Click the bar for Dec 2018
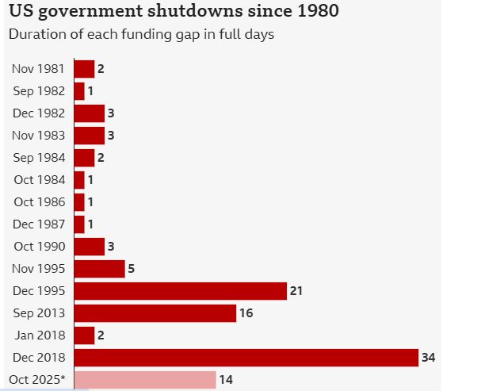pos(246,358)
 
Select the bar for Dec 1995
pos(180,291)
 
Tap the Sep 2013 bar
pos(155,313)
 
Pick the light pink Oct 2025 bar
pos(144,380)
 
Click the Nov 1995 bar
pos(99,269)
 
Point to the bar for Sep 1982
pos(79,91)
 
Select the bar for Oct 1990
pos(89,247)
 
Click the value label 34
pos(429,358)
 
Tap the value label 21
pos(296,291)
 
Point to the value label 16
pos(246,313)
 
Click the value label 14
pos(226,380)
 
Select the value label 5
pos(132,269)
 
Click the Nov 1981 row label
pos(38,69)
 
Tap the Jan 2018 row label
pos(39,335)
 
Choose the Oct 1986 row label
pos(39,202)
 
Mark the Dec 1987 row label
pos(38,224)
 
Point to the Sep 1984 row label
pos(38,158)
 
